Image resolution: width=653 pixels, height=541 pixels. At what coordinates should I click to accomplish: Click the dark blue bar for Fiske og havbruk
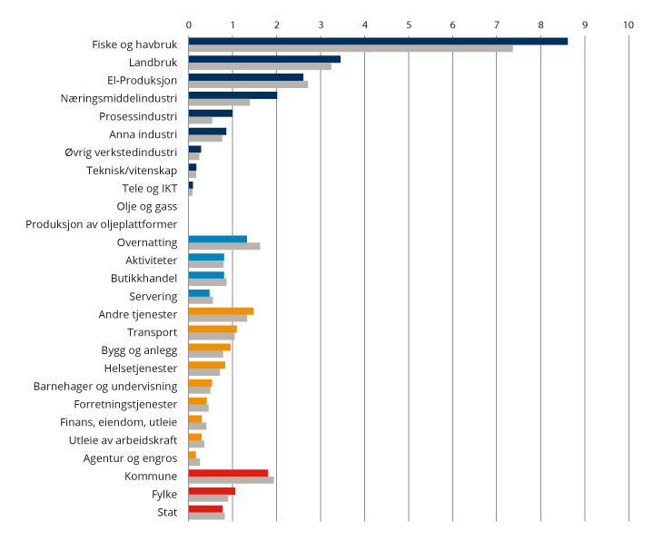[x=378, y=41]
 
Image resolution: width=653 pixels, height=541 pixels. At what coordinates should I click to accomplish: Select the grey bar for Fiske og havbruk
[x=351, y=48]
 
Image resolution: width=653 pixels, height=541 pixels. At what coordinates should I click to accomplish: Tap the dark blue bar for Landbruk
[x=264, y=59]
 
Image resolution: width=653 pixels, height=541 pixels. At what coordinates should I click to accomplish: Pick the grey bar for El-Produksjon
[x=248, y=84]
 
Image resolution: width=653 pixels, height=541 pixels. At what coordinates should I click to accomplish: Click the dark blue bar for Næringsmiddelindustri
[x=233, y=94]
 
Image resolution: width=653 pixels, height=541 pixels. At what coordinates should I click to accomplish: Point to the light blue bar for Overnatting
[x=218, y=239]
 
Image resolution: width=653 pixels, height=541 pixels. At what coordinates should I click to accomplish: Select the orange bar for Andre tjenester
[x=221, y=310]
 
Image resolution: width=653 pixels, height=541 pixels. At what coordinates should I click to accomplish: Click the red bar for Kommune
[x=228, y=472]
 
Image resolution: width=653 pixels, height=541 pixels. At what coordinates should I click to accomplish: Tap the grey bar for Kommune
[x=231, y=480]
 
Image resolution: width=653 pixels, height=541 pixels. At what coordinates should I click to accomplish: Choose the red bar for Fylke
[x=212, y=490]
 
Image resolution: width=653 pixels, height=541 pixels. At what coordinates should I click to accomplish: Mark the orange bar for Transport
[x=213, y=329]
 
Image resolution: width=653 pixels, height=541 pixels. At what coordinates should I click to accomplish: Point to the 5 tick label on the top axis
[x=409, y=25]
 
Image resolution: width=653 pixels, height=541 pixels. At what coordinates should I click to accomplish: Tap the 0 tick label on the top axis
[x=189, y=25]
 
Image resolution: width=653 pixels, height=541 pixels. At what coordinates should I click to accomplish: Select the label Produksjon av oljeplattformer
[x=102, y=224]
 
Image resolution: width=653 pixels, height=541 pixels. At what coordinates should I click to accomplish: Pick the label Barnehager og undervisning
[x=105, y=386]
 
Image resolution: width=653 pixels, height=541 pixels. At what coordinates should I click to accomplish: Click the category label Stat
[x=167, y=513]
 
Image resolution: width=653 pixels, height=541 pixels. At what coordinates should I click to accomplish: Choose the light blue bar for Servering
[x=199, y=292]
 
